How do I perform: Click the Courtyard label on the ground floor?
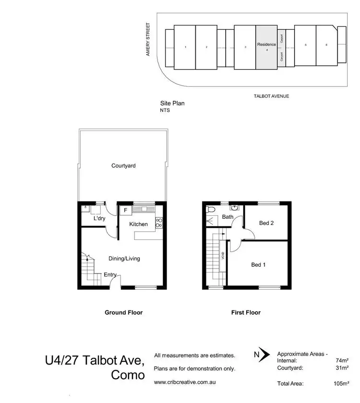(x=123, y=166)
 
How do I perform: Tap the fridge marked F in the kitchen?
(x=126, y=210)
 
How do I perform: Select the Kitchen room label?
(x=138, y=224)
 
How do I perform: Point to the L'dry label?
(x=99, y=219)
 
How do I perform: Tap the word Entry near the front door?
(x=110, y=275)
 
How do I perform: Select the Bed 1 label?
(x=258, y=264)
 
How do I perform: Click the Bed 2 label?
(x=266, y=223)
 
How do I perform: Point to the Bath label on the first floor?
(x=227, y=217)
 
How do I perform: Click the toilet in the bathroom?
(x=211, y=209)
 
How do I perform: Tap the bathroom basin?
(x=233, y=208)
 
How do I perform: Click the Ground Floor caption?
(x=123, y=312)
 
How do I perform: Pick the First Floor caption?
(x=246, y=312)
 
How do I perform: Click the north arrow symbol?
(x=259, y=356)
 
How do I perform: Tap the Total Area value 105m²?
(x=341, y=384)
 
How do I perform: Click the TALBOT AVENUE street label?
(x=271, y=96)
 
